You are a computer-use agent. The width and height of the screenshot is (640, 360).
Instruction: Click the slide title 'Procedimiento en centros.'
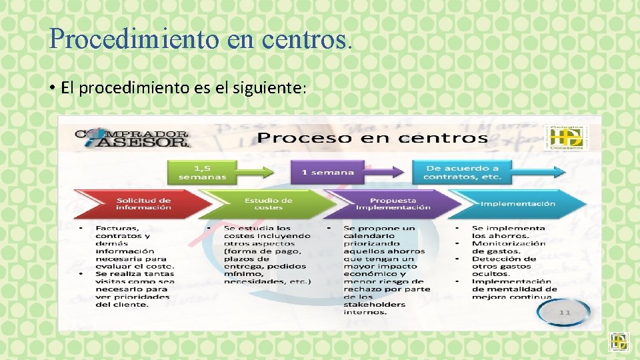point(199,39)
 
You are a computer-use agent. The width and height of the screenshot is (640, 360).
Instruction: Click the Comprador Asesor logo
point(132,138)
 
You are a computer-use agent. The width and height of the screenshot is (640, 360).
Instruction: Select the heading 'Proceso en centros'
point(373,138)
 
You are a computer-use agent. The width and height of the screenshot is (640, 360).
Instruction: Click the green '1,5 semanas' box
point(202,173)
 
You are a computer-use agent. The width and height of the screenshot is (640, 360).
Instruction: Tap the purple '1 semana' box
point(327,173)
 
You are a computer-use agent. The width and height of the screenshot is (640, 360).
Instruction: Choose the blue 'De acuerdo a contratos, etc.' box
point(461,173)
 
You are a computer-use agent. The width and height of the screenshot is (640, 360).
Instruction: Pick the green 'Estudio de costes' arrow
point(268,203)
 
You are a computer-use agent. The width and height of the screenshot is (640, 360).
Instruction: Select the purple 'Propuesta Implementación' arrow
point(393,203)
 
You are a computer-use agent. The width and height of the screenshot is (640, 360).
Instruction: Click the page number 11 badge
point(565,312)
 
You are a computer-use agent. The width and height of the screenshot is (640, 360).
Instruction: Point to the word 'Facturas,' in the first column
point(117,228)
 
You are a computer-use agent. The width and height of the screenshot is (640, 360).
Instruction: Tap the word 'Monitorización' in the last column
point(509,243)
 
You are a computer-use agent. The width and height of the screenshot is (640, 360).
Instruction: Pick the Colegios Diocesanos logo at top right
point(567,137)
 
